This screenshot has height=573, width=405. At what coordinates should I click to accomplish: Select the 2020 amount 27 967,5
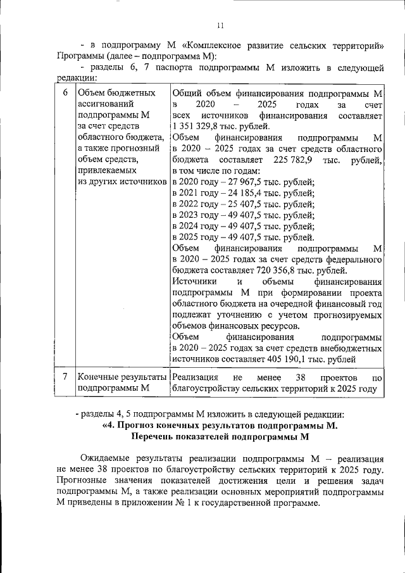click(240, 182)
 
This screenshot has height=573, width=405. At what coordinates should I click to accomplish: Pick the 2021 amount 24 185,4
click(240, 193)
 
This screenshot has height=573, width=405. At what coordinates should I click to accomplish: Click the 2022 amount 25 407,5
click(240, 205)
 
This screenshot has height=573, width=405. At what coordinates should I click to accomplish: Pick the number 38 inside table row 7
click(301, 377)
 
